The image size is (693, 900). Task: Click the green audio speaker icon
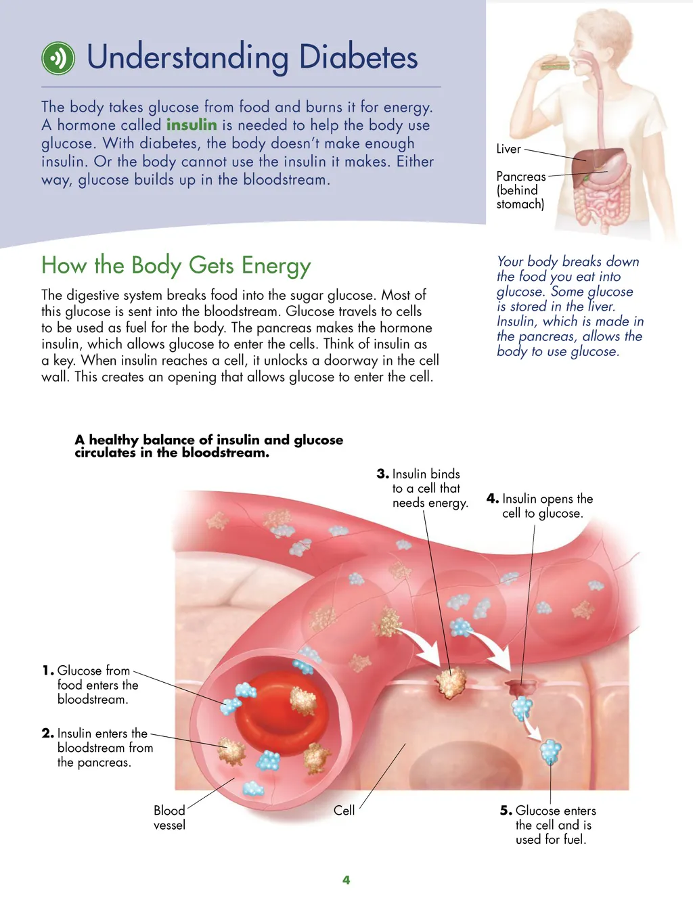point(58,58)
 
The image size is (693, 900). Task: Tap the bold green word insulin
point(192,125)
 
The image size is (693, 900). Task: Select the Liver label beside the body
point(508,149)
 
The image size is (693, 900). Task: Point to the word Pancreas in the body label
point(520,177)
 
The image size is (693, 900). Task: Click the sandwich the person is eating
point(554,62)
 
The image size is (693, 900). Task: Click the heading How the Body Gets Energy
point(176,266)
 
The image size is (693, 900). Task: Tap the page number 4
point(346,880)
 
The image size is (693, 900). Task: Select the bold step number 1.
point(47,670)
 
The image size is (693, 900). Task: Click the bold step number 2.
point(47,733)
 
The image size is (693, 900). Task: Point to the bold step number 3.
point(383,474)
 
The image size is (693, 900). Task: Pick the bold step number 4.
point(493,499)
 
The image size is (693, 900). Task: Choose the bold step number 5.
point(506,811)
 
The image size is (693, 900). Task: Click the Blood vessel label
point(169,817)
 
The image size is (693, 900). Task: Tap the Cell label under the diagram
point(344,811)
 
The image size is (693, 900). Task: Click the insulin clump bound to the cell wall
point(450,681)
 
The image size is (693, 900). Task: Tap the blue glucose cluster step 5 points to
point(550,751)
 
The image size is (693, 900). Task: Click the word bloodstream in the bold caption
point(225,453)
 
